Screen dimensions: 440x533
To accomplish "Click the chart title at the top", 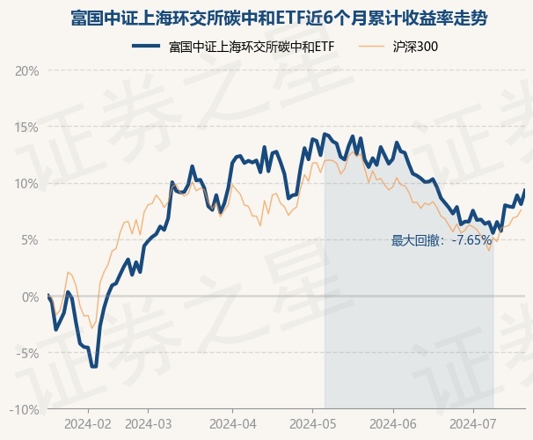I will point(266,18).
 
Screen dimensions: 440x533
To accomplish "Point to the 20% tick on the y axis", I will point(27,70).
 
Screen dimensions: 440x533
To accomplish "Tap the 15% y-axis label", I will point(27,127).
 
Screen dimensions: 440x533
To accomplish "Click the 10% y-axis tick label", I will point(27,183).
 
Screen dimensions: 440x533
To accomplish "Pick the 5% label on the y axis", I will point(30,239).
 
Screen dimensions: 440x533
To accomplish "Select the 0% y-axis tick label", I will point(30,297).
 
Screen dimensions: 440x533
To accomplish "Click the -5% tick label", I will point(28,353).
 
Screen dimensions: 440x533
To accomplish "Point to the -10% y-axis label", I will point(26,409).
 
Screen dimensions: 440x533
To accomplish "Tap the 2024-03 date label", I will point(149,423).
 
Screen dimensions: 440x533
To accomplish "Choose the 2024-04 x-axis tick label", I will point(231,423).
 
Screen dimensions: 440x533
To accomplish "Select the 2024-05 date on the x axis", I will point(312,423).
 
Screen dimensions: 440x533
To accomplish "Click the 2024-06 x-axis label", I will point(392,423).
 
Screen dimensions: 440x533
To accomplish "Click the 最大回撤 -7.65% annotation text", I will point(442,239).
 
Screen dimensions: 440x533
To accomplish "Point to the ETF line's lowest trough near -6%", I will point(93,366).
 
